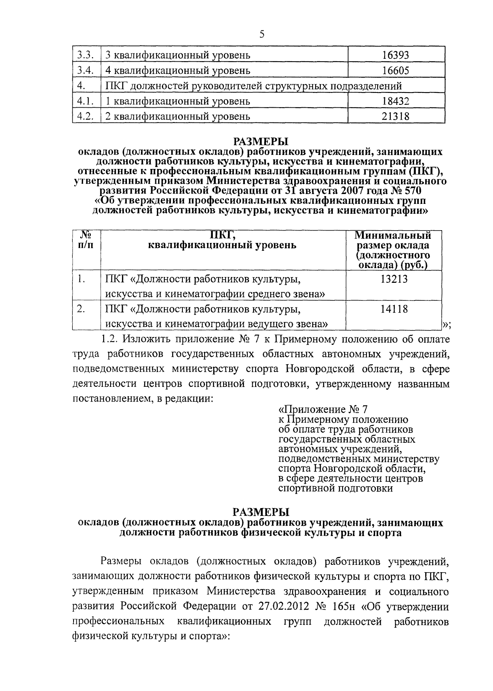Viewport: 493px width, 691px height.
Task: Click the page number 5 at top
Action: (262, 35)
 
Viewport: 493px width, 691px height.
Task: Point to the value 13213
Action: (394, 280)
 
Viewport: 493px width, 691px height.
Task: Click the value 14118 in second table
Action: (394, 309)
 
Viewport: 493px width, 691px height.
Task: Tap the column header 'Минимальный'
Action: (393, 236)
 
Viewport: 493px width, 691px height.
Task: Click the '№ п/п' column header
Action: (85, 240)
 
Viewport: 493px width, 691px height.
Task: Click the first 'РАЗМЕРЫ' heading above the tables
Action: (261, 142)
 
